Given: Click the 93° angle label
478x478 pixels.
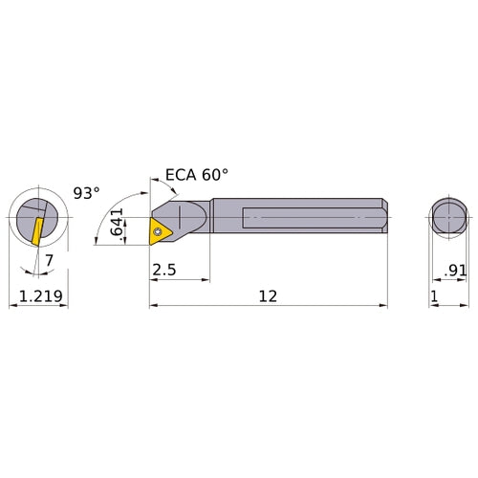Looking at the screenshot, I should pos(86,192).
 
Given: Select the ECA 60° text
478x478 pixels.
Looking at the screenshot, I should pos(197,175).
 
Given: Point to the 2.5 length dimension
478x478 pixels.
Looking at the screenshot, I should pos(163,271).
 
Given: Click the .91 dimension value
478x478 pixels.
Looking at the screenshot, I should pos(455,271).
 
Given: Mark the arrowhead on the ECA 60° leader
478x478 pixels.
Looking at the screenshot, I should pos(153,181).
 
